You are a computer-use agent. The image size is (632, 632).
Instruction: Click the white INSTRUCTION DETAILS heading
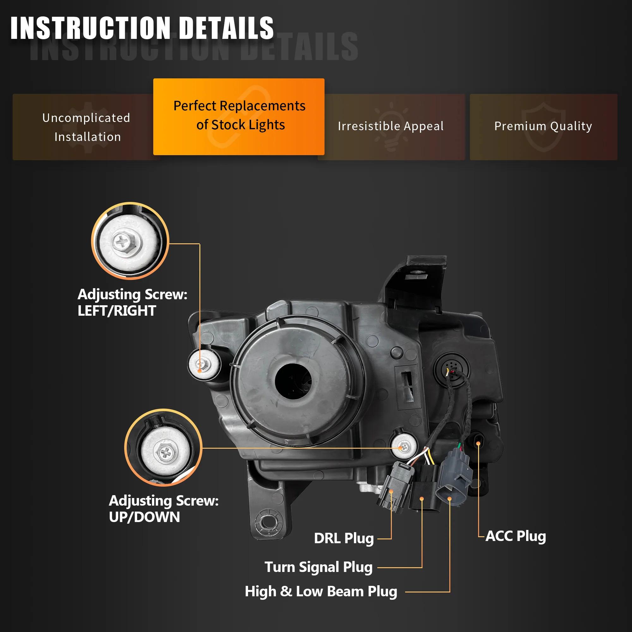coord(142,28)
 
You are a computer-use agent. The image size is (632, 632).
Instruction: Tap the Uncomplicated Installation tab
coord(87,127)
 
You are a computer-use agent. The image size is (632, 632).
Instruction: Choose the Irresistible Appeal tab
coord(391,126)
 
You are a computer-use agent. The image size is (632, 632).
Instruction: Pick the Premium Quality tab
coord(543,126)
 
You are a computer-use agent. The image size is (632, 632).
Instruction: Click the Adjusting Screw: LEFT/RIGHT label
coord(132,302)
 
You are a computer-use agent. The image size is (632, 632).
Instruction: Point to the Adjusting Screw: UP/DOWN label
coord(164,509)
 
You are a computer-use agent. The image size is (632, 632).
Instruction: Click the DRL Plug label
coord(344,538)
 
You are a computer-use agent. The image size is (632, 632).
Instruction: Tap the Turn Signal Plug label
coord(318,567)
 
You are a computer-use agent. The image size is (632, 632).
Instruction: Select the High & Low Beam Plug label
coord(321,592)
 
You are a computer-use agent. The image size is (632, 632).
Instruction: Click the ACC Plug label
coord(515,536)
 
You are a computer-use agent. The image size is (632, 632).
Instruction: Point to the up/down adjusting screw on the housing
coord(404,447)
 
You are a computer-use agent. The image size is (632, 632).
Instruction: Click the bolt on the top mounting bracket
coord(416,272)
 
